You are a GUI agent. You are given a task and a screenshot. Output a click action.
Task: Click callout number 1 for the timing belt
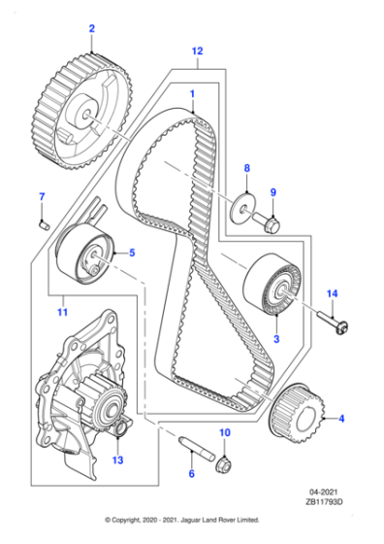coord(192,95)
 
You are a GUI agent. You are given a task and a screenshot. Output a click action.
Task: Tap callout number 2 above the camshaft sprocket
coord(92,30)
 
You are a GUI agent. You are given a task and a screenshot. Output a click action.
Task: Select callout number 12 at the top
coord(197,50)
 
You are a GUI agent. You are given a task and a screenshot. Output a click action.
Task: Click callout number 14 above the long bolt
coord(331,293)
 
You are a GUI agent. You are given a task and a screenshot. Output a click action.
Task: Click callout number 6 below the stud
coord(191,473)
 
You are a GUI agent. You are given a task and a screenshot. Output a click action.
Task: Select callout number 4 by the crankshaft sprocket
coord(340,421)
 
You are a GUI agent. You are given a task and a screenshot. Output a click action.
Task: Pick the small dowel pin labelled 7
coord(43,223)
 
